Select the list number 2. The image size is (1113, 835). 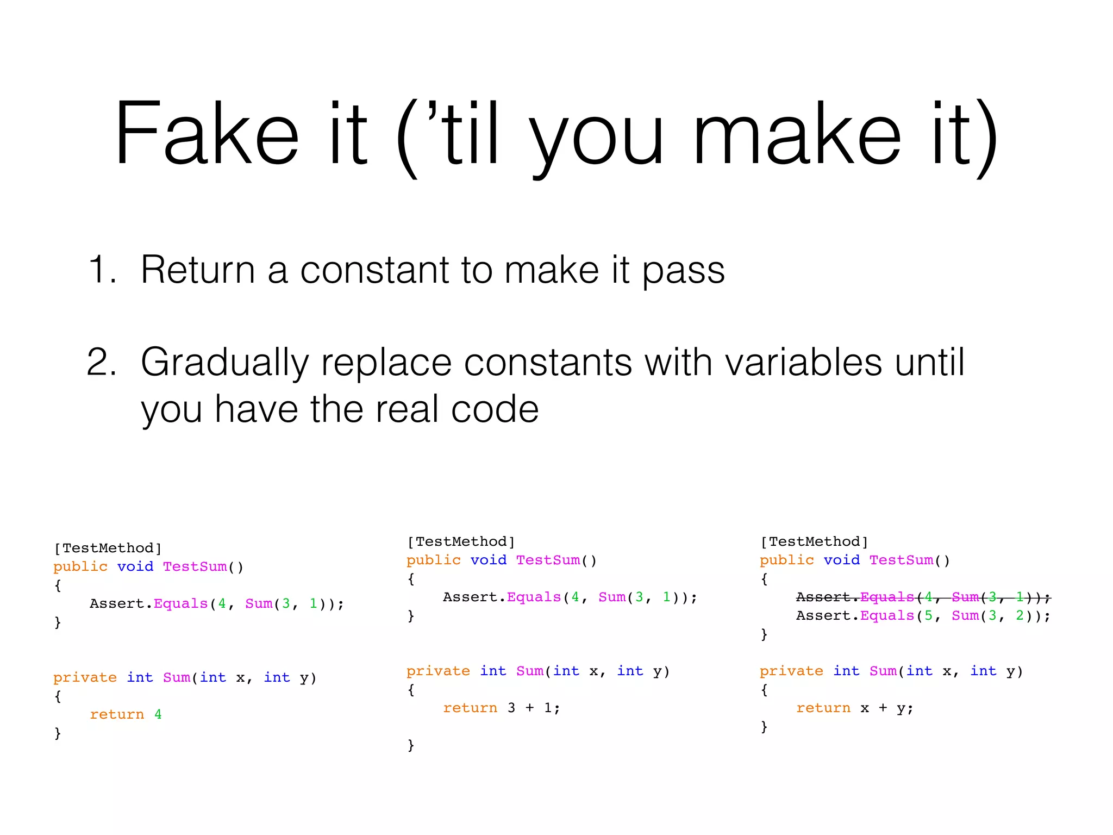[102, 362]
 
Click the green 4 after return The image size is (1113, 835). [158, 714]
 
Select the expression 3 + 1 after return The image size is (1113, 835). [530, 708]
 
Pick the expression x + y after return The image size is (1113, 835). [883, 708]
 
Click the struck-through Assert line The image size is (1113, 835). [923, 597]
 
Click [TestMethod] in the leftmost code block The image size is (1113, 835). [108, 548]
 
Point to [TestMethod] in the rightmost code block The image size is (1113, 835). [814, 541]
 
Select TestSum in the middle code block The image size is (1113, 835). [548, 560]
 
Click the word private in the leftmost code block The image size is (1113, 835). [85, 677]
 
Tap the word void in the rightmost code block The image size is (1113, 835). [841, 560]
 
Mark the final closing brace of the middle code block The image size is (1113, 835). [411, 745]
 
